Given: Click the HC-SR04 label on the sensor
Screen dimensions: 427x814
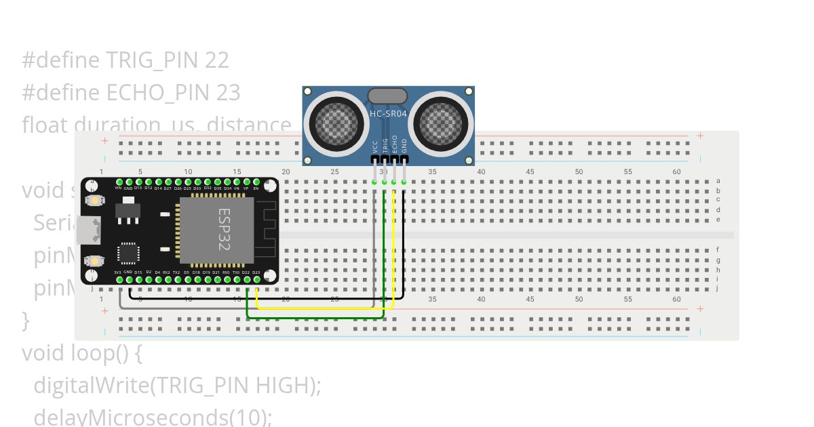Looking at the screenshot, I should click(x=388, y=114).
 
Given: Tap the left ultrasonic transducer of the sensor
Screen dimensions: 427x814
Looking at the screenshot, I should click(x=334, y=122).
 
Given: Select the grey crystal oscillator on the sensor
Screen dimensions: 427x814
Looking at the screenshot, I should click(x=387, y=96).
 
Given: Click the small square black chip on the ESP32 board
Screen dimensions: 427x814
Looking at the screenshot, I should click(x=128, y=253).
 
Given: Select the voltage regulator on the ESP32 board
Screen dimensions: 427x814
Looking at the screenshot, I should click(x=127, y=212).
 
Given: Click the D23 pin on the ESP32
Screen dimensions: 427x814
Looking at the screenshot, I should click(x=256, y=279).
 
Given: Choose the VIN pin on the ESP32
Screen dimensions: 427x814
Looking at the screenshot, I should click(x=119, y=182).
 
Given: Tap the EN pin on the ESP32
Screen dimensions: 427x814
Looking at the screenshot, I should click(x=256, y=182).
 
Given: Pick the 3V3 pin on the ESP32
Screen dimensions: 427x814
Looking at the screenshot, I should click(x=119, y=279).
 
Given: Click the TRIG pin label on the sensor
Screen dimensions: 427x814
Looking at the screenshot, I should click(x=385, y=146).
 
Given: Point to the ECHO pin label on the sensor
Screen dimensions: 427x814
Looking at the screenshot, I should click(x=394, y=144).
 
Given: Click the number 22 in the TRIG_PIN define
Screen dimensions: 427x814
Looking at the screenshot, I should click(x=217, y=60).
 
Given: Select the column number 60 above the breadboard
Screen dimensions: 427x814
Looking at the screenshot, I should click(x=676, y=172).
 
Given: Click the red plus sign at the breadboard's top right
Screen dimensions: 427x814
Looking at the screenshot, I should click(x=700, y=136).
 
